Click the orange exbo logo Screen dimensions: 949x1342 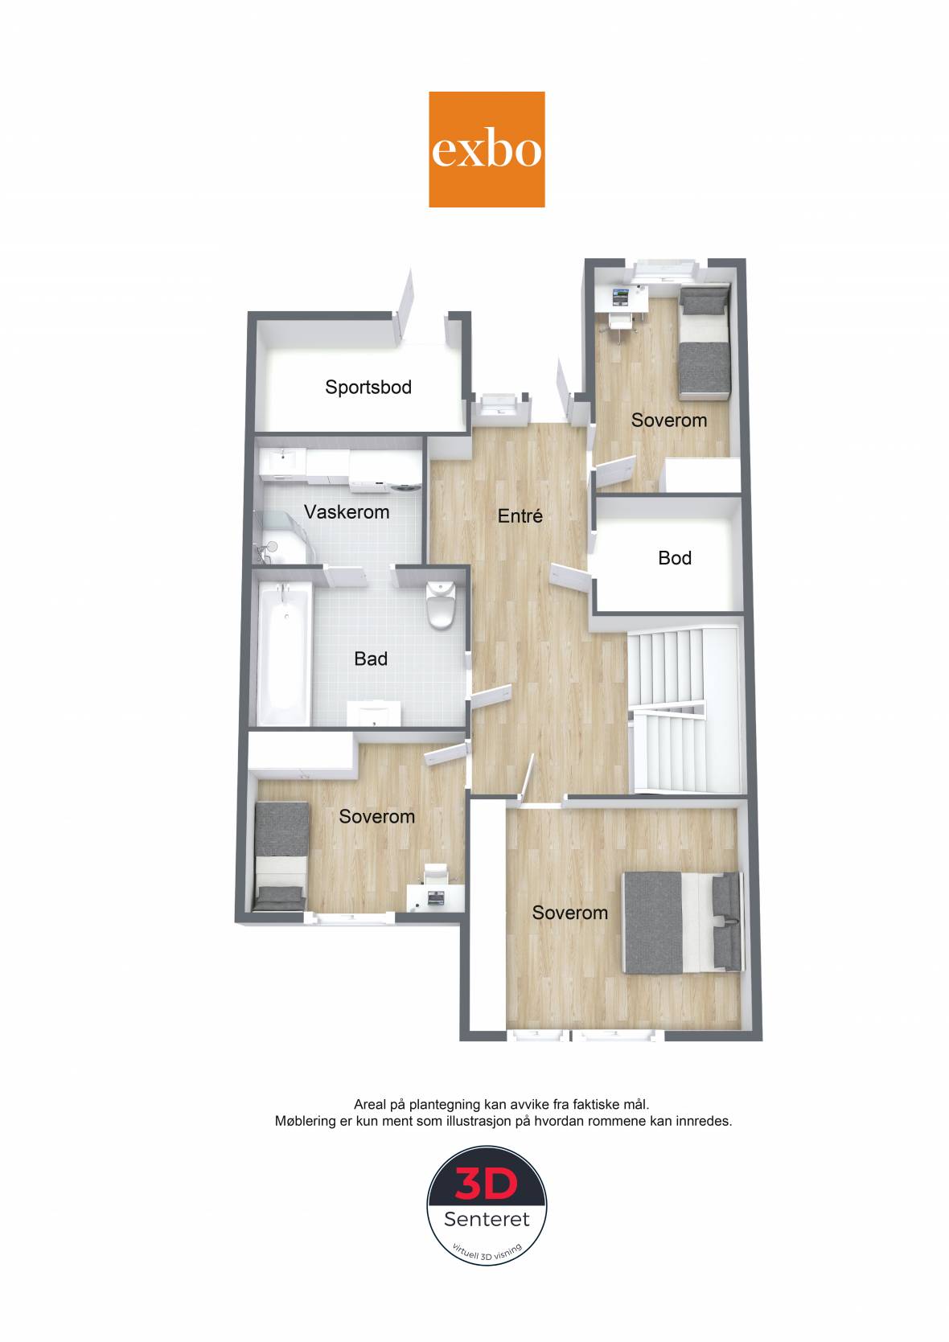click(487, 150)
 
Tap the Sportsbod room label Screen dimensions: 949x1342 click(368, 387)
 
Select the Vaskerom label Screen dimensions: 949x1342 click(347, 511)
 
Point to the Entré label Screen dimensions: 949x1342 click(520, 515)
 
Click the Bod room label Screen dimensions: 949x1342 click(675, 558)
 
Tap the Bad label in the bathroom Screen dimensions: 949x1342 click(371, 659)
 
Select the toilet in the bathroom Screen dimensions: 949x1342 click(441, 604)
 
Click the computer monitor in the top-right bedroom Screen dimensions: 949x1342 click(621, 296)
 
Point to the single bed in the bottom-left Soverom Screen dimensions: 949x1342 click(281, 856)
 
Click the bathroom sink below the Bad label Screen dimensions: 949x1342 click(375, 713)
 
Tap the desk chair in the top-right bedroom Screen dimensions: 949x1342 click(622, 323)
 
